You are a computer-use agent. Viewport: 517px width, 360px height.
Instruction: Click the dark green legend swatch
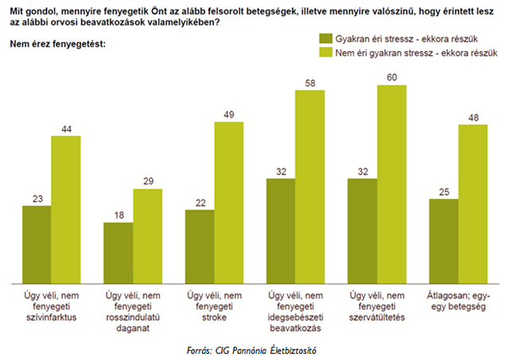coord(325,38)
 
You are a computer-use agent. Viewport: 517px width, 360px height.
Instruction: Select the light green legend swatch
coord(325,53)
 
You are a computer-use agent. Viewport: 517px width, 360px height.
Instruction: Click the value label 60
coord(391,77)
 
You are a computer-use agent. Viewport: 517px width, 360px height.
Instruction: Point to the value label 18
coord(118,215)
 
